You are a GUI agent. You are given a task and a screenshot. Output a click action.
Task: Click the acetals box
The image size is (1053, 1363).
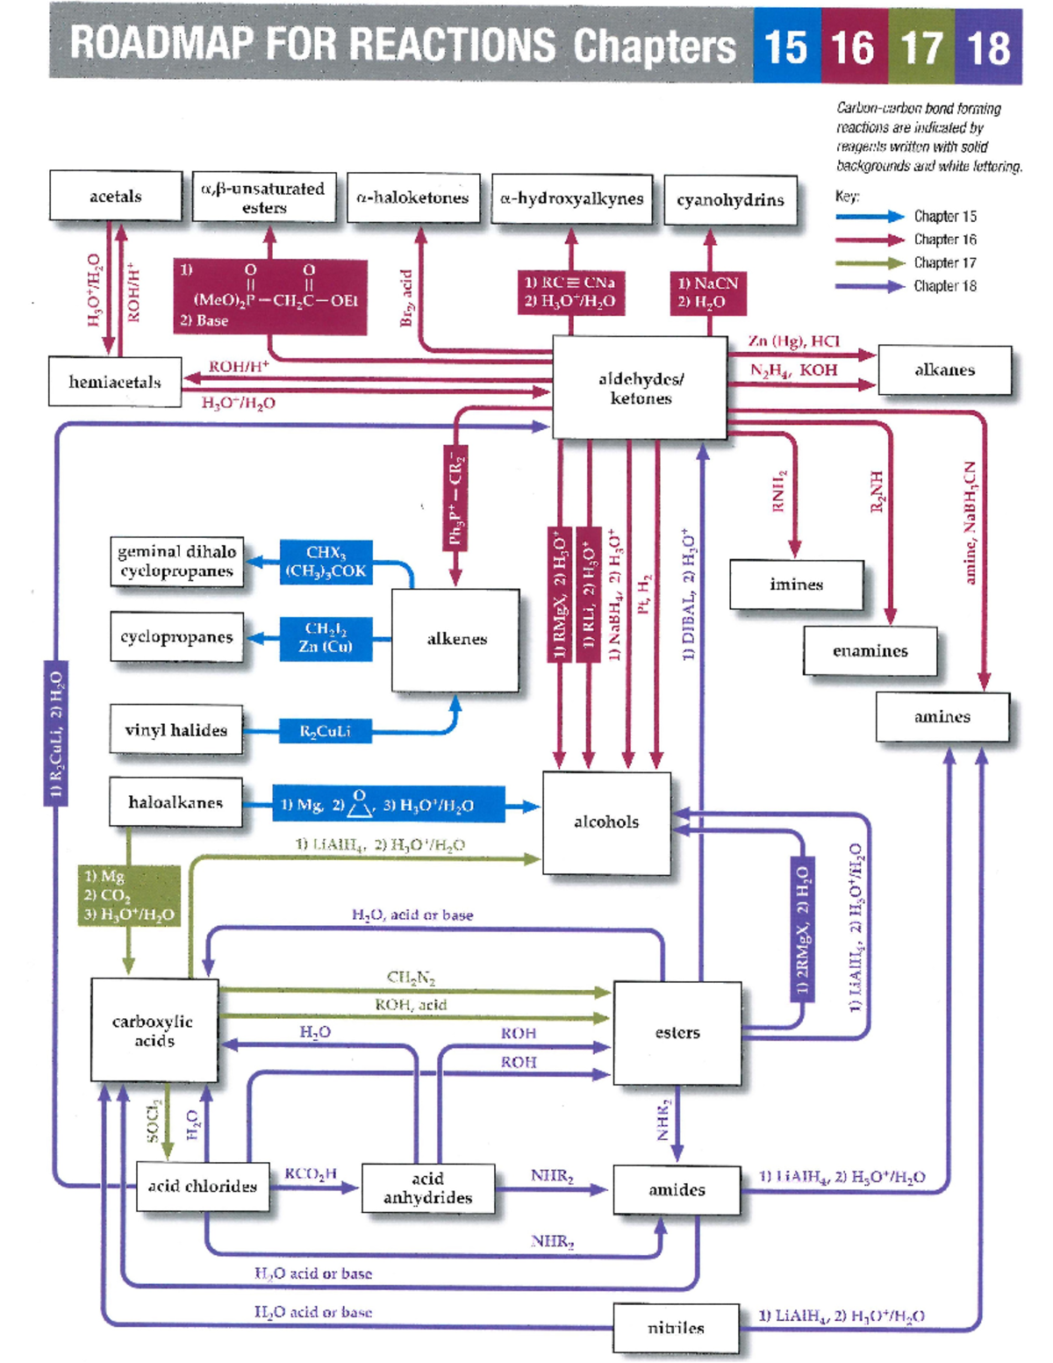(x=116, y=196)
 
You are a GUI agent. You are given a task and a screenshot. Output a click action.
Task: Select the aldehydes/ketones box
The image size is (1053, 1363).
(x=640, y=388)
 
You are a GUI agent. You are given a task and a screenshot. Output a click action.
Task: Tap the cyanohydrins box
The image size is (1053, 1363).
(x=730, y=200)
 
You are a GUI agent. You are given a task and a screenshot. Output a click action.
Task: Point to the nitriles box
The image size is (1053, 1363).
(x=676, y=1327)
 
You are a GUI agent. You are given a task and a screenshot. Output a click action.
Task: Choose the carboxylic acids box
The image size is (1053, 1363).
(x=154, y=1030)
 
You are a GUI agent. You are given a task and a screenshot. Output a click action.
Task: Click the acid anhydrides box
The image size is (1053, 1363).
(x=427, y=1187)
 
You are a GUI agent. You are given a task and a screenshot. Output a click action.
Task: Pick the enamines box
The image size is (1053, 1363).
(x=870, y=650)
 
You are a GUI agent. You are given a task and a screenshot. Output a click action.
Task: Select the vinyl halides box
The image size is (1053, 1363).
(x=176, y=730)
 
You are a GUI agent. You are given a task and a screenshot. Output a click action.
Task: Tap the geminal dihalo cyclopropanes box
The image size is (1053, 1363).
(x=176, y=562)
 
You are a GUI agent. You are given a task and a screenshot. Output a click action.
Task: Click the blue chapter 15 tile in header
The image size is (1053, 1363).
(x=786, y=47)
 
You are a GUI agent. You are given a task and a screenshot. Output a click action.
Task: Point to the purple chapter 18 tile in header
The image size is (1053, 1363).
(x=989, y=47)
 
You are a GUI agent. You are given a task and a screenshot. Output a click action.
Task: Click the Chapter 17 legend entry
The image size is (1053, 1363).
(x=944, y=262)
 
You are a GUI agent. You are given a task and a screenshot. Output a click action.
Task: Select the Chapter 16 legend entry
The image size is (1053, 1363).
(x=944, y=240)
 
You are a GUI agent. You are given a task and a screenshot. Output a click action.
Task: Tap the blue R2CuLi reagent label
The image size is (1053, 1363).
(x=325, y=731)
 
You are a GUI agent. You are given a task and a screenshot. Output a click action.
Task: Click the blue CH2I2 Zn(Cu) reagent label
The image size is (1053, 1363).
(x=326, y=638)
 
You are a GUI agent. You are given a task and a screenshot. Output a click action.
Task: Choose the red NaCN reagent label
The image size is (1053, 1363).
(x=708, y=292)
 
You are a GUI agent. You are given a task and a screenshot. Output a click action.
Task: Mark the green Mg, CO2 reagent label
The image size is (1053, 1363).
(x=129, y=895)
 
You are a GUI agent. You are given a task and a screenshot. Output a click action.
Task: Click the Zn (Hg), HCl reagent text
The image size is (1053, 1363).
(x=793, y=341)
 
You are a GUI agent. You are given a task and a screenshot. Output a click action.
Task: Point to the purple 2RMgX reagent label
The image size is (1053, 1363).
(x=802, y=929)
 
